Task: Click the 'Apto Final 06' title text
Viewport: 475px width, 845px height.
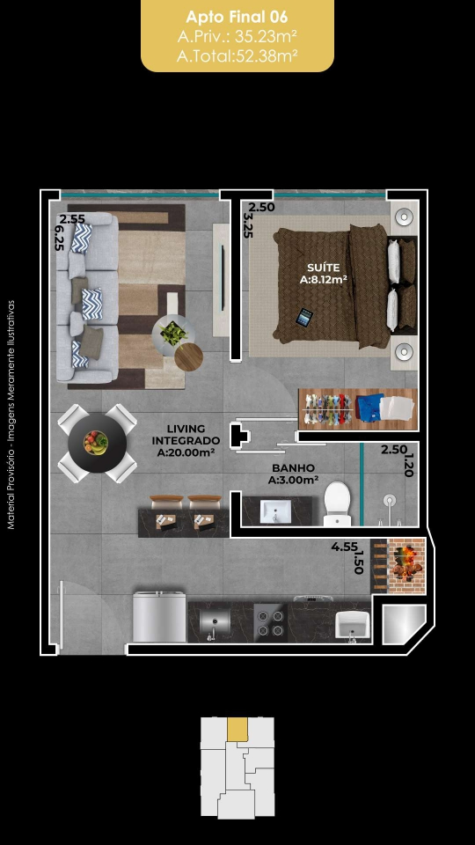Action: pyautogui.click(x=237, y=18)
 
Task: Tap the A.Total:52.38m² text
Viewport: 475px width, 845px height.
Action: pyautogui.click(x=237, y=55)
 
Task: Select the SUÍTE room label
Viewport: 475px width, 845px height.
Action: pyautogui.click(x=323, y=268)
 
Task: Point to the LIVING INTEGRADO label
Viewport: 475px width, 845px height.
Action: pyautogui.click(x=186, y=434)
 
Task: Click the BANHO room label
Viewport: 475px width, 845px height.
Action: pyautogui.click(x=293, y=468)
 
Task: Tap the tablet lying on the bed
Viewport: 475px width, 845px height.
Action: pyautogui.click(x=304, y=317)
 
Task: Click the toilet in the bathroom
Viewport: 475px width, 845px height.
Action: pyautogui.click(x=338, y=503)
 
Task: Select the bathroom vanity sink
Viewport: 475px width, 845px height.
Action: pyautogui.click(x=275, y=511)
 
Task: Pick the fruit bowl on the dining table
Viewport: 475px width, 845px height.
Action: pyautogui.click(x=96, y=443)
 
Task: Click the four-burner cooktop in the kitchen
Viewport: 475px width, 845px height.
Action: pyautogui.click(x=270, y=623)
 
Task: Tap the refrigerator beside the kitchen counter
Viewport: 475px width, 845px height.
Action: pyautogui.click(x=159, y=616)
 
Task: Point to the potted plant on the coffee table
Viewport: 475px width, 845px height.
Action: pyautogui.click(x=173, y=334)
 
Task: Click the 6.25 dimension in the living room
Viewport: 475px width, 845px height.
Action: pyautogui.click(x=58, y=238)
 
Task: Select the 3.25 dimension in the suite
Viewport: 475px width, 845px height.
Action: pyautogui.click(x=248, y=225)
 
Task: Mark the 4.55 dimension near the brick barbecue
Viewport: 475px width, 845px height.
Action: pyautogui.click(x=344, y=547)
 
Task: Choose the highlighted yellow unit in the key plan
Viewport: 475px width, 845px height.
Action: pyautogui.click(x=237, y=729)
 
